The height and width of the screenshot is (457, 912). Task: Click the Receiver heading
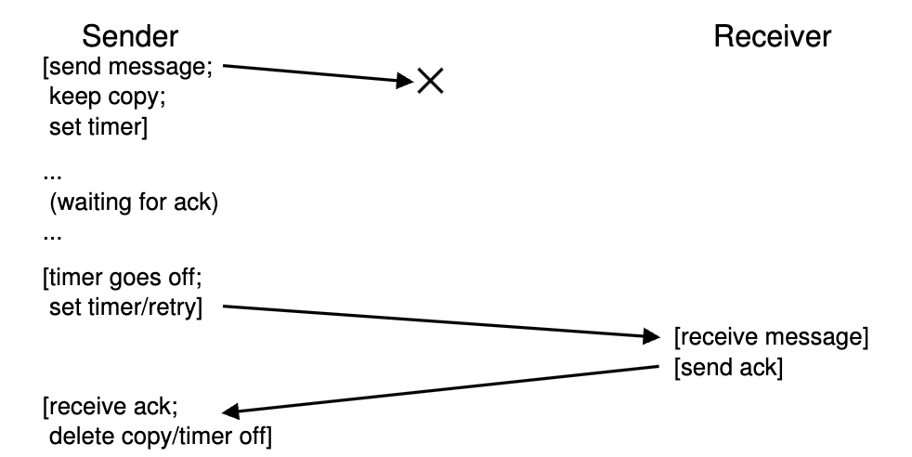pyautogui.click(x=772, y=37)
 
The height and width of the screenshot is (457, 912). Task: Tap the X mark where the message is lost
pyautogui.click(x=429, y=82)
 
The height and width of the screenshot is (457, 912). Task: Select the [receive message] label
pyautogui.click(x=771, y=336)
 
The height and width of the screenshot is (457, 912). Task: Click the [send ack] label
pyautogui.click(x=728, y=368)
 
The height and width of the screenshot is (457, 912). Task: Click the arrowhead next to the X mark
pyautogui.click(x=404, y=82)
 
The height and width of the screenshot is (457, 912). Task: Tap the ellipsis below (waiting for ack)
pyautogui.click(x=50, y=234)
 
